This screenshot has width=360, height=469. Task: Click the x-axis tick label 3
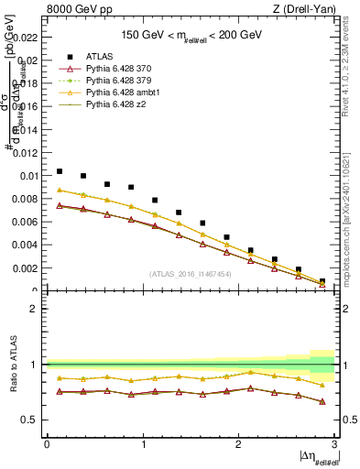click(334, 444)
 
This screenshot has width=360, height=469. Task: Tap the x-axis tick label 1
click(143, 444)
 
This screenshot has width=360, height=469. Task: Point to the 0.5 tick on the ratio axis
click(33, 420)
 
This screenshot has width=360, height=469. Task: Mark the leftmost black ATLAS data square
click(60, 171)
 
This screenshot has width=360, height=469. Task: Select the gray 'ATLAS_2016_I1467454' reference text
click(190, 274)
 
